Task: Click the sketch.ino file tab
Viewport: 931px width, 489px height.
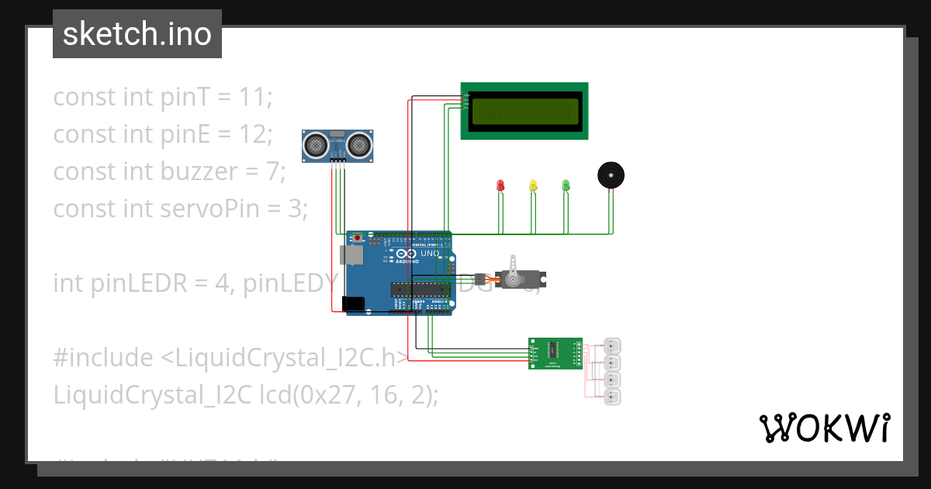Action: click(x=137, y=34)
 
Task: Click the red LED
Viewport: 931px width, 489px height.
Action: click(x=500, y=186)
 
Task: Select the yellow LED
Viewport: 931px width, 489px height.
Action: click(x=532, y=186)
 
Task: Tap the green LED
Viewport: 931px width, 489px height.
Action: click(x=566, y=186)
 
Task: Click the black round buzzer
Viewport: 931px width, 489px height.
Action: click(x=611, y=175)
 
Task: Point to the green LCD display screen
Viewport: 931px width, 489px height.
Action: click(x=524, y=112)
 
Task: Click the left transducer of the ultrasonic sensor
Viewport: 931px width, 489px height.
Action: click(x=315, y=144)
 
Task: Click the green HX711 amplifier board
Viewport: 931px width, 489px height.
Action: click(x=555, y=353)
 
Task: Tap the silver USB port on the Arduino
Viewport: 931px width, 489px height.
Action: click(x=350, y=255)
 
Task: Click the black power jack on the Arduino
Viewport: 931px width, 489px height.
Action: click(x=353, y=304)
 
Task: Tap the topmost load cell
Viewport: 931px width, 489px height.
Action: click(x=613, y=346)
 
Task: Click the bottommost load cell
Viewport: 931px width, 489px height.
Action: click(x=613, y=397)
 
